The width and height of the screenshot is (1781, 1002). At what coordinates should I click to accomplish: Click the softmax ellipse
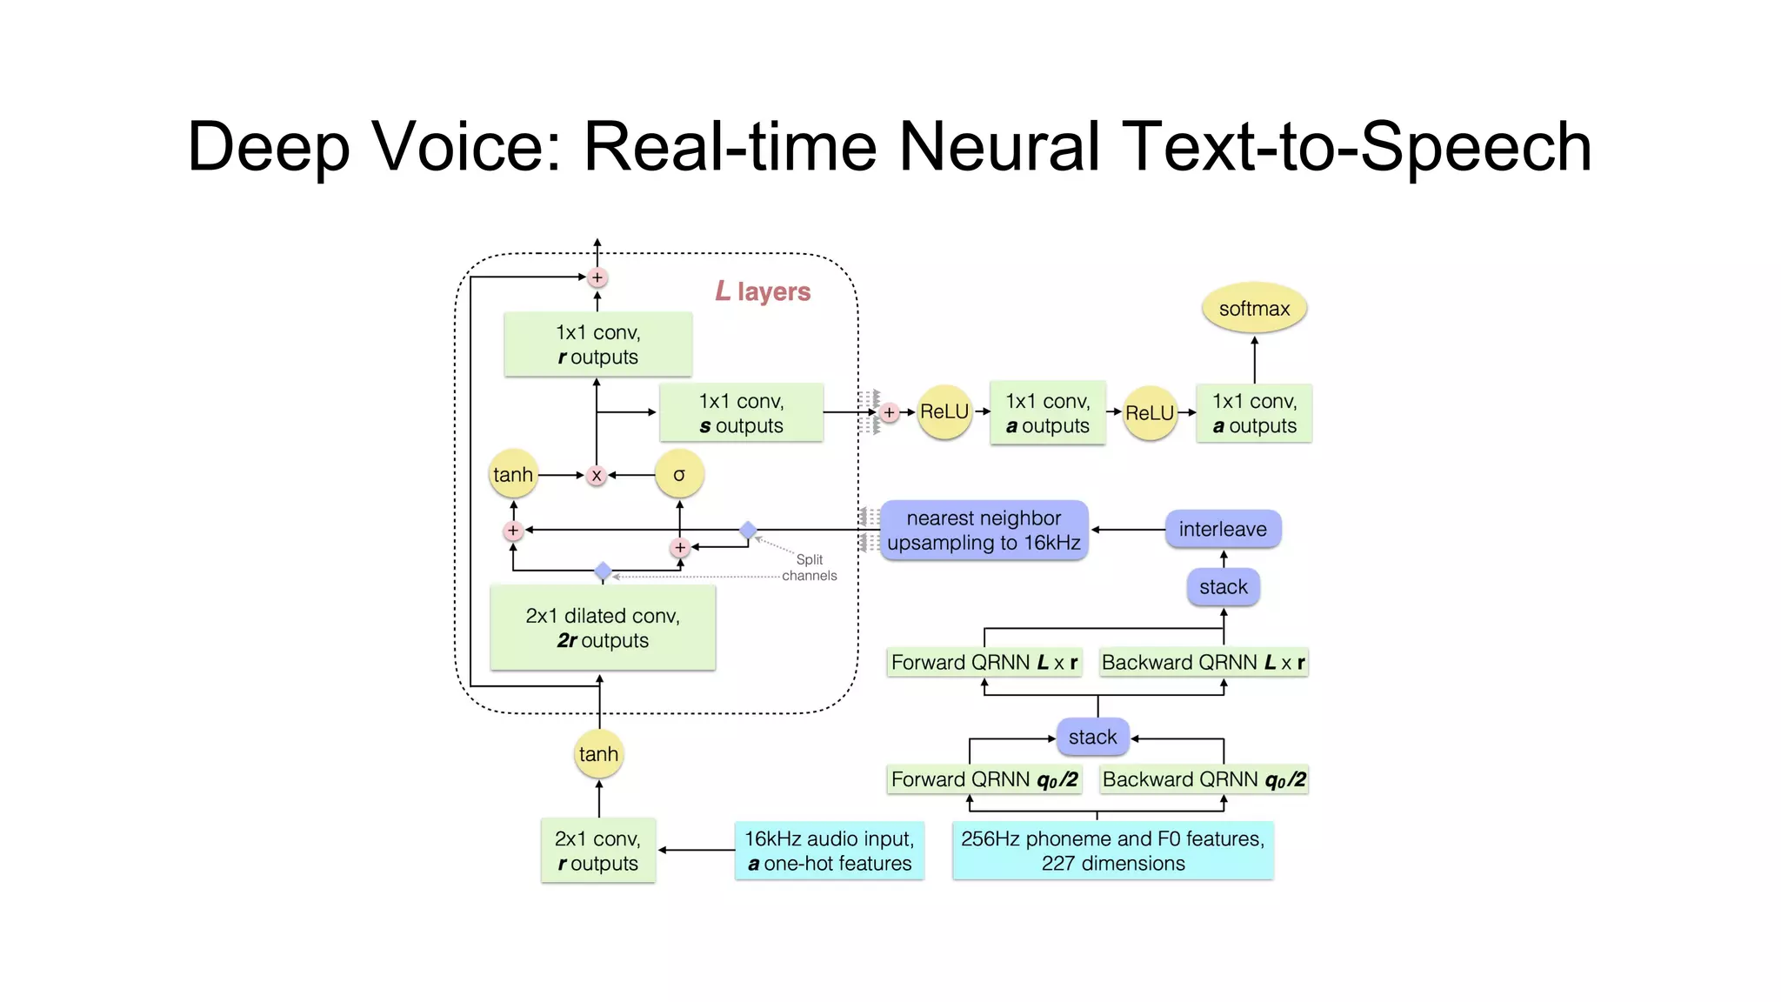1253,309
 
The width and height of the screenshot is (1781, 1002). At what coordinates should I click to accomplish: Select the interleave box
1222,529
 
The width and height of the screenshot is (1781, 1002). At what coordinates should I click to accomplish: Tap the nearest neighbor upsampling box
984,531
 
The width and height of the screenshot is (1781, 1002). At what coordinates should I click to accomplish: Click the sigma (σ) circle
679,475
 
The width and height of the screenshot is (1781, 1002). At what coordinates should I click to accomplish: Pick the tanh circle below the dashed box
598,754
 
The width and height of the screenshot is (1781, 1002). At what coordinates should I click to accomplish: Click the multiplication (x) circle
597,476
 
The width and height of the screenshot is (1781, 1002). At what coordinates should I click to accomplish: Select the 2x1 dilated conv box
603,628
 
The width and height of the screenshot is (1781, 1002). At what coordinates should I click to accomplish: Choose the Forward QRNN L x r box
984,663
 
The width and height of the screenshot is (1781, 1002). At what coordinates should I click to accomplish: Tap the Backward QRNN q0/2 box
1204,779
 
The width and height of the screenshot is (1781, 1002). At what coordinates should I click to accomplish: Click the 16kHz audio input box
829,851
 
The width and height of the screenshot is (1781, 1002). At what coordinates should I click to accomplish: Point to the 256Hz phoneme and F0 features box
1112,851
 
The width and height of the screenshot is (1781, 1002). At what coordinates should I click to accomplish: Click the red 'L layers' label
763,291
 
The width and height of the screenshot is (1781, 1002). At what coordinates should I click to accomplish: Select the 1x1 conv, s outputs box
741,413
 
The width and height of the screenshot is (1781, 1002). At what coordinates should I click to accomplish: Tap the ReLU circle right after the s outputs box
944,412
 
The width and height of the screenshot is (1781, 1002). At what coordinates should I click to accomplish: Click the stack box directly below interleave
1223,587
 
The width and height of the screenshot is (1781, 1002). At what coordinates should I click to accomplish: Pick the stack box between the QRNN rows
1092,738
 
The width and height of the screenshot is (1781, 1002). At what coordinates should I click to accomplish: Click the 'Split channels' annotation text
809,568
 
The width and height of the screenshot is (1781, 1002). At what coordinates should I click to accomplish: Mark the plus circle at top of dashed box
597,277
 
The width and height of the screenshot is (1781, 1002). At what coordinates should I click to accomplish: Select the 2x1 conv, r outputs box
597,851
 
